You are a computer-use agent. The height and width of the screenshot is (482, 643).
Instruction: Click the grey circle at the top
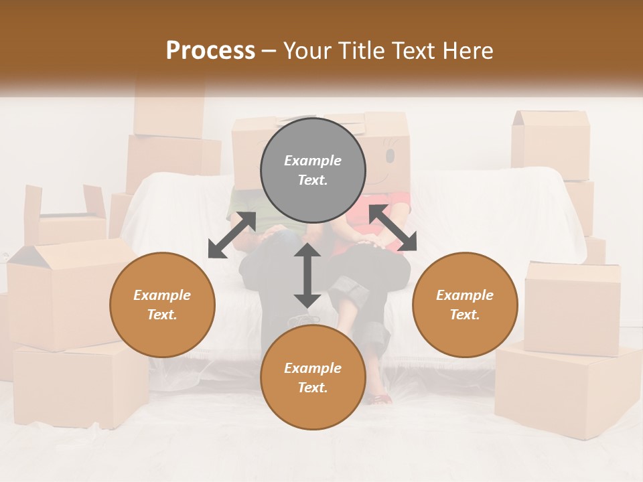(313, 170)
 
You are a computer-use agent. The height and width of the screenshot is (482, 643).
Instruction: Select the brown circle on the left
(162, 305)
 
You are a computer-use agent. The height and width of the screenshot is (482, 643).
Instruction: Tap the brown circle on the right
(465, 305)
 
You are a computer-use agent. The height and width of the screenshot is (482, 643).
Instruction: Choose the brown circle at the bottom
(313, 378)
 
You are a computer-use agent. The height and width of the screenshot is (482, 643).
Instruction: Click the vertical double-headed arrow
(307, 275)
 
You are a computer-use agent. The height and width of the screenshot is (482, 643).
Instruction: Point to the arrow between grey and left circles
(232, 234)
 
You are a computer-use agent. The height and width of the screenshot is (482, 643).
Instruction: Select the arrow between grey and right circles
(392, 228)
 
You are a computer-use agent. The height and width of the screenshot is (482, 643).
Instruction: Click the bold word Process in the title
(210, 51)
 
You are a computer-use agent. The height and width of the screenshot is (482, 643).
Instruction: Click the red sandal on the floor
(378, 400)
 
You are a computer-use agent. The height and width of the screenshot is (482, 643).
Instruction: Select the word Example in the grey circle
(313, 161)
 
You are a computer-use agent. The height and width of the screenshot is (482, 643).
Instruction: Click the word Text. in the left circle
(162, 315)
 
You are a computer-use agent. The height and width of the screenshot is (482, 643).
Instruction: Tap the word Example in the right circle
(465, 295)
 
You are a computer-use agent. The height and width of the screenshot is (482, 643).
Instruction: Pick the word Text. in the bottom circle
(313, 388)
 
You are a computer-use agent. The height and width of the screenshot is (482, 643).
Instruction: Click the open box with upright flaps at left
(65, 214)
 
